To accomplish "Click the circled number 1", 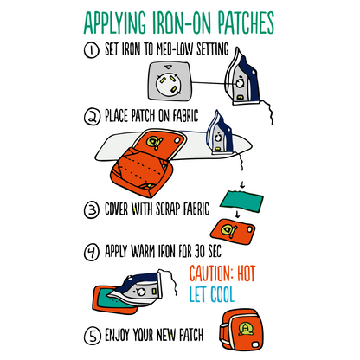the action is coord(92,50).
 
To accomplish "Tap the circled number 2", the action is coord(92,117).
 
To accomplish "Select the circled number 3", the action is coord(92,209).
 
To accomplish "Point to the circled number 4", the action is coord(92,253).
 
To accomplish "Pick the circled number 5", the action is coord(93,336).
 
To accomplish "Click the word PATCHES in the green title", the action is coord(246,23).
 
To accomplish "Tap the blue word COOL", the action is coord(222,294).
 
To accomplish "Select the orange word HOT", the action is coord(247,273).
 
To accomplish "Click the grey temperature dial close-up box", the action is coord(170,82).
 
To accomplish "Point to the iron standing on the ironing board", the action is coord(219,132).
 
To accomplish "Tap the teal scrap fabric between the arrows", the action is coord(241,202).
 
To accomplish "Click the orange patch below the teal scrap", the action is coord(233,232).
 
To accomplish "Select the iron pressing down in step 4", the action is coord(135,288).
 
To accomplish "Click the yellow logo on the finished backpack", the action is coord(246,329).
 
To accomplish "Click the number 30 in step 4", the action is coord(200,251).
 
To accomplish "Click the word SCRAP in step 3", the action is coord(168,209).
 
